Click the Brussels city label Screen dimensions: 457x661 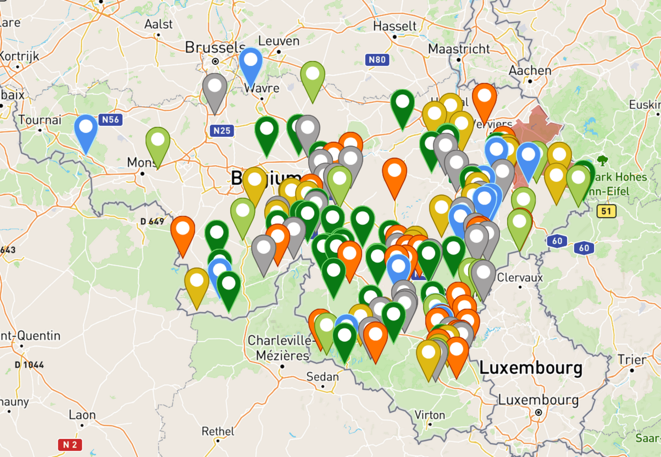click(215, 48)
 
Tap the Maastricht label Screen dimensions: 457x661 click(459, 49)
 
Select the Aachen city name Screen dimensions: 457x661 click(530, 71)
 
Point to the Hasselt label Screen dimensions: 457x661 click(395, 27)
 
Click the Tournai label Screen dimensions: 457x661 click(40, 120)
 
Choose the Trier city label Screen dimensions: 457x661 click(632, 360)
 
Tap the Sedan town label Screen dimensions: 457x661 click(323, 377)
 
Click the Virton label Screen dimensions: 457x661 click(429, 415)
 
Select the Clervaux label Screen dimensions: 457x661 click(520, 278)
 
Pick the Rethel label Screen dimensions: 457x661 click(218, 431)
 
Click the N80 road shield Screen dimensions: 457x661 click(377, 60)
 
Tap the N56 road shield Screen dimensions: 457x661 click(110, 119)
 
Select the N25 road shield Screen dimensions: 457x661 click(222, 131)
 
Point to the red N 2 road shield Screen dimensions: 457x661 click(70, 445)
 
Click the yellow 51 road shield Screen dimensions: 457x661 click(606, 211)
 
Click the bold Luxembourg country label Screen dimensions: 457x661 click(530, 368)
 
